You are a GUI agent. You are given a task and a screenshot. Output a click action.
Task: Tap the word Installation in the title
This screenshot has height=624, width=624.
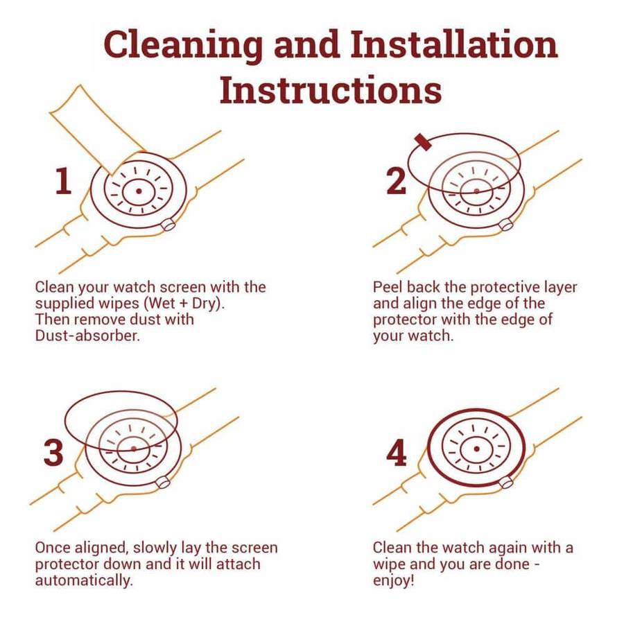coord(454,44)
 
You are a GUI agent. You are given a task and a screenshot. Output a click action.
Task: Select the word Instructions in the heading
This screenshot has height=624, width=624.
coord(331,89)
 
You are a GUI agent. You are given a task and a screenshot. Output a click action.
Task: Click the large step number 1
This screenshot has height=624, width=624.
coord(63,181)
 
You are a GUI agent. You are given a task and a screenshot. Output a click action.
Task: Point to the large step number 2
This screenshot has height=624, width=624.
coord(397,181)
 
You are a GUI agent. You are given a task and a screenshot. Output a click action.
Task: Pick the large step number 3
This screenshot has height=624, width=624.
coord(53,453)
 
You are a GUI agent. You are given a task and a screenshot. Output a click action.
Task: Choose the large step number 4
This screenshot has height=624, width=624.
coord(397,453)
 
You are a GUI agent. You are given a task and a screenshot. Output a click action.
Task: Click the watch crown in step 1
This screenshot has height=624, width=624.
coord(168,225)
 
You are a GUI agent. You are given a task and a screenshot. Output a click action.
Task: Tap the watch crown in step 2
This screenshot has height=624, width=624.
coord(506,225)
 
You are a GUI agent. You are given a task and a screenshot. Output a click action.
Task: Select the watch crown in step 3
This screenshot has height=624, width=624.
coord(163,483)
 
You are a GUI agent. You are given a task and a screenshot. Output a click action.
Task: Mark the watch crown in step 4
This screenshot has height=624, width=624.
coord(506,483)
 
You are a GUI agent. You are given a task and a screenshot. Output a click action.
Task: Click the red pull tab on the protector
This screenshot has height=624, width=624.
coord(423,142)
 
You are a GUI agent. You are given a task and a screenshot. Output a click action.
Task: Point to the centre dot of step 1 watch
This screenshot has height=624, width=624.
coord(139,191)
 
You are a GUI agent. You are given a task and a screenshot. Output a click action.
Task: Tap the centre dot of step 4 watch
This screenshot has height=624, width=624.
coord(476,449)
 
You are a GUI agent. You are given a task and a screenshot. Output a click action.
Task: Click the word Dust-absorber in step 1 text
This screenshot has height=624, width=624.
coord(87,336)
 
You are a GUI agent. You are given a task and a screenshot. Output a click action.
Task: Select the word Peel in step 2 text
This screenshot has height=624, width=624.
coord(387,287)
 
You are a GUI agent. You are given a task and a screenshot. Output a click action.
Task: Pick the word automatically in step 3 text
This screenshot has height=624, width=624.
coord(84,580)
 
